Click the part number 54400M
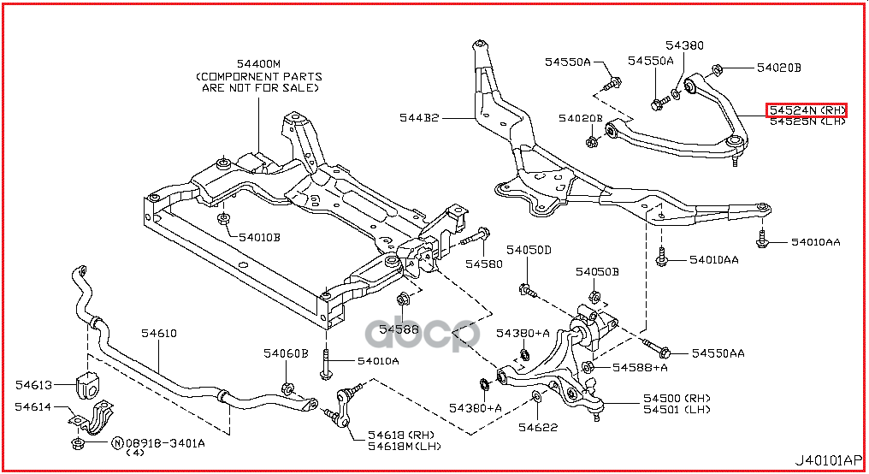(x=258, y=63)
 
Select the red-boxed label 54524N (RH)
(x=807, y=110)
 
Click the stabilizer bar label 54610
(x=158, y=334)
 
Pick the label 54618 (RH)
(x=400, y=435)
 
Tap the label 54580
(x=484, y=264)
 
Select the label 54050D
(x=529, y=250)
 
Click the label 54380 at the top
(x=685, y=44)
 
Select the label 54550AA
(x=718, y=353)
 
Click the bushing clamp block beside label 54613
(x=87, y=385)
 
